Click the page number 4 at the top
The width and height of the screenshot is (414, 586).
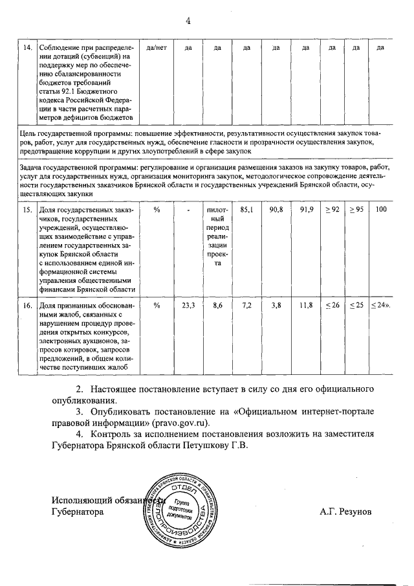pyautogui.click(x=188, y=21)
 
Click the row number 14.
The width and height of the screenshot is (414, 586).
pyautogui.click(x=28, y=49)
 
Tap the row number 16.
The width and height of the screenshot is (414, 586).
pyautogui.click(x=28, y=305)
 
